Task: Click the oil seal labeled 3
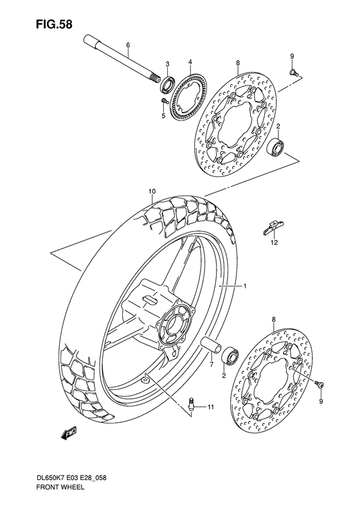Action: point(168,82)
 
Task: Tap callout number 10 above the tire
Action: point(152,191)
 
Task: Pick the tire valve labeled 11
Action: point(192,404)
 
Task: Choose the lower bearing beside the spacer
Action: point(230,356)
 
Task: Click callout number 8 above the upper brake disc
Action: point(237,62)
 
